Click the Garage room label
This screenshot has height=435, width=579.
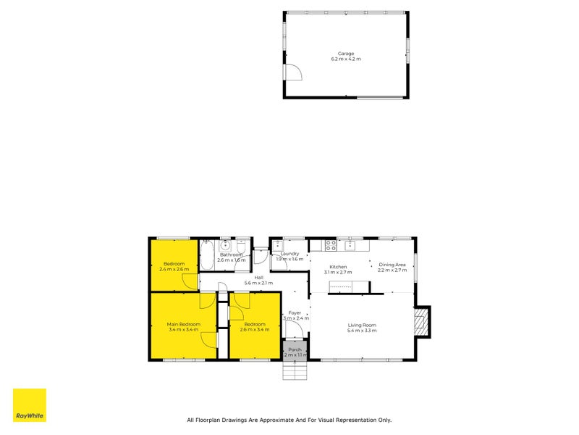pos(346,54)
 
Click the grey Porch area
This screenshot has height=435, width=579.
pos(295,351)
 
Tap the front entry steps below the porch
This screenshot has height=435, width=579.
pos(295,371)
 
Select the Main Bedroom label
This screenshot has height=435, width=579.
pos(183,323)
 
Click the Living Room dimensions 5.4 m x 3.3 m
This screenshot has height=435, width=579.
pos(362,330)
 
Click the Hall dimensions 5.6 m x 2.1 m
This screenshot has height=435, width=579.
pos(258,282)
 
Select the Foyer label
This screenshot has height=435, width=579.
pos(296,313)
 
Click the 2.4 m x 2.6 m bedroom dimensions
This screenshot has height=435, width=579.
pos(174,269)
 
